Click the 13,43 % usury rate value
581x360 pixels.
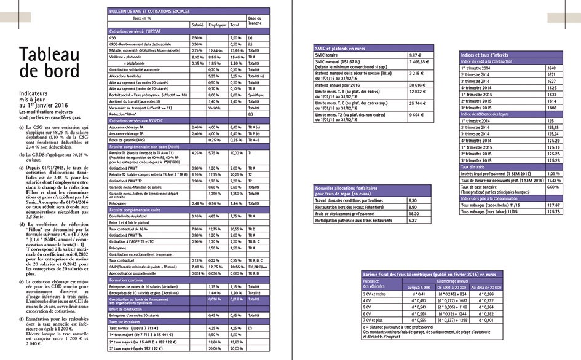555,180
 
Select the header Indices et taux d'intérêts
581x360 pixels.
488,55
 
